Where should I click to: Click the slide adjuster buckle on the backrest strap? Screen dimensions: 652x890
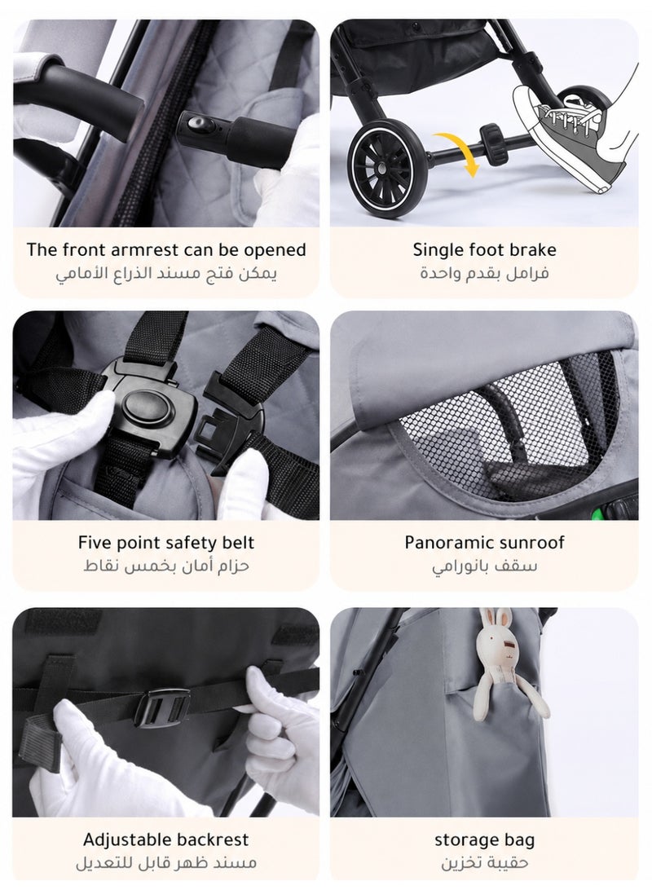pyautogui.click(x=162, y=707)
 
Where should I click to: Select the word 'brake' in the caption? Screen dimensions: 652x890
pyautogui.click(x=532, y=249)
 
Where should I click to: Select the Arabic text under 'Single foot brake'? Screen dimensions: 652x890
pyautogui.click(x=484, y=273)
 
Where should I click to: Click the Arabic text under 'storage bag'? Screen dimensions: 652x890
pyautogui.click(x=485, y=863)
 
